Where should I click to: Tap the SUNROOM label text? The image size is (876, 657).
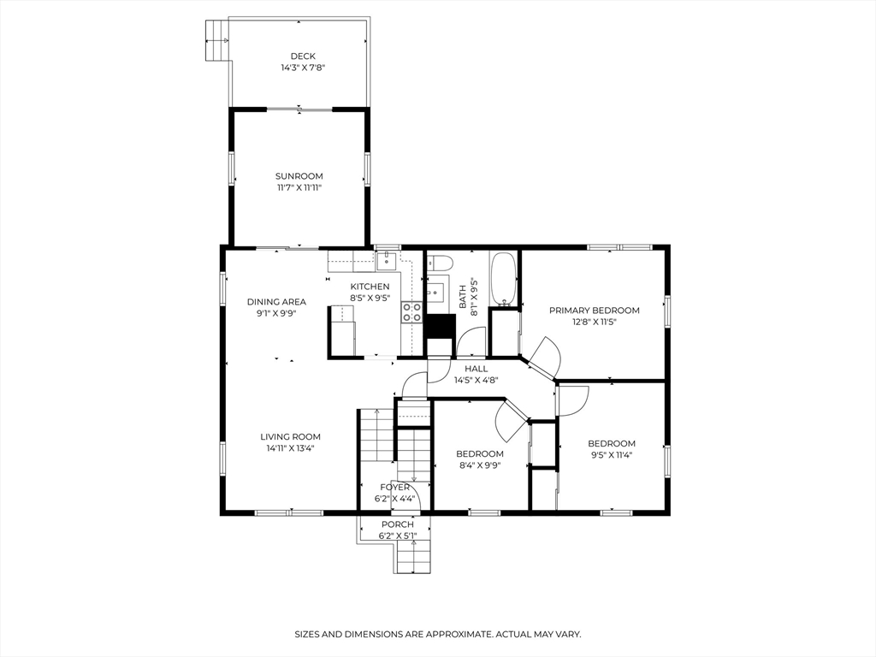pos(299,176)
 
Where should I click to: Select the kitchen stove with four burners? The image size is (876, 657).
pos(411,312)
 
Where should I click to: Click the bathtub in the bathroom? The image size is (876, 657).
pos(503,279)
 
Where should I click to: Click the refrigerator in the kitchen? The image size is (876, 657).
pos(343,328)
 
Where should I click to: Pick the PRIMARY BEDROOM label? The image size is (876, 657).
pos(594,311)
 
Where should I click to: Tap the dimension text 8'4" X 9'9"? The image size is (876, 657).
pos(479,465)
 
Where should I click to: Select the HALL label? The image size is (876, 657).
pos(476,369)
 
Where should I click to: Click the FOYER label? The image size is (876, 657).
pos(394,487)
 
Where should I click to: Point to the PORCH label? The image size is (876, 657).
pos(397,524)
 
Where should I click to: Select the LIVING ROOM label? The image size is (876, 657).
pos(291,436)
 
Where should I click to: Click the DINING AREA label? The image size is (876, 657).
pos(276,301)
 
